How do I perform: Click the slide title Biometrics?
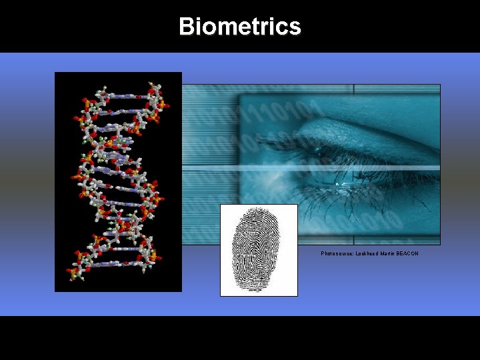(x=240, y=27)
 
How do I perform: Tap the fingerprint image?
(x=259, y=250)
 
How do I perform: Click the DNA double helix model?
(x=118, y=181)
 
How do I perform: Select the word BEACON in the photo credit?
(x=407, y=253)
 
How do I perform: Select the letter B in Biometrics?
(x=188, y=27)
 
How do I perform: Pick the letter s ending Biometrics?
(x=295, y=27)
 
